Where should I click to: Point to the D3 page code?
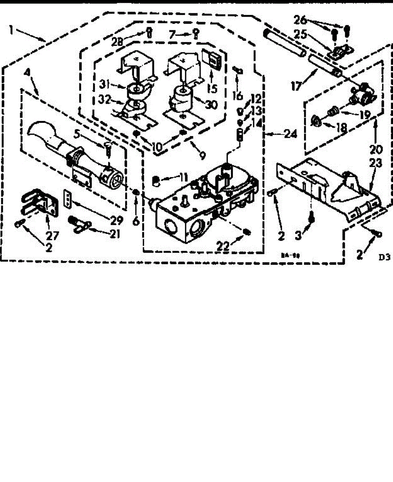[x=384, y=257]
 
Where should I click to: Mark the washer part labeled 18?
[x=316, y=119]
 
